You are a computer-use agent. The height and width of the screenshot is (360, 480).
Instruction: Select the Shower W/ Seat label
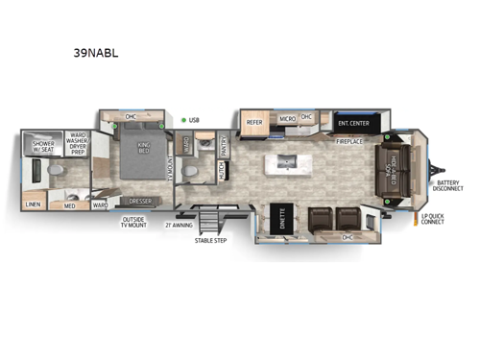(44, 145)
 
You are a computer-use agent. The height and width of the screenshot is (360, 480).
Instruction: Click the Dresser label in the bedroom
(140, 201)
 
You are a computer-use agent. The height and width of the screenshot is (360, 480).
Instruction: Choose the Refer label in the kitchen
(254, 122)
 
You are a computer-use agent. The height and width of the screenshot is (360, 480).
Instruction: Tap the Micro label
(286, 119)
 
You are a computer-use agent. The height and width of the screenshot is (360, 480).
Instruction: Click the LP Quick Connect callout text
(433, 220)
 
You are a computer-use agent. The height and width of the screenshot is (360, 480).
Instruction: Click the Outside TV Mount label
(132, 224)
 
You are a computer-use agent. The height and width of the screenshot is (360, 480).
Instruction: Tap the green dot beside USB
(182, 120)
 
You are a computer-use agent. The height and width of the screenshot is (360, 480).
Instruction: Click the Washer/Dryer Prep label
(77, 145)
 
